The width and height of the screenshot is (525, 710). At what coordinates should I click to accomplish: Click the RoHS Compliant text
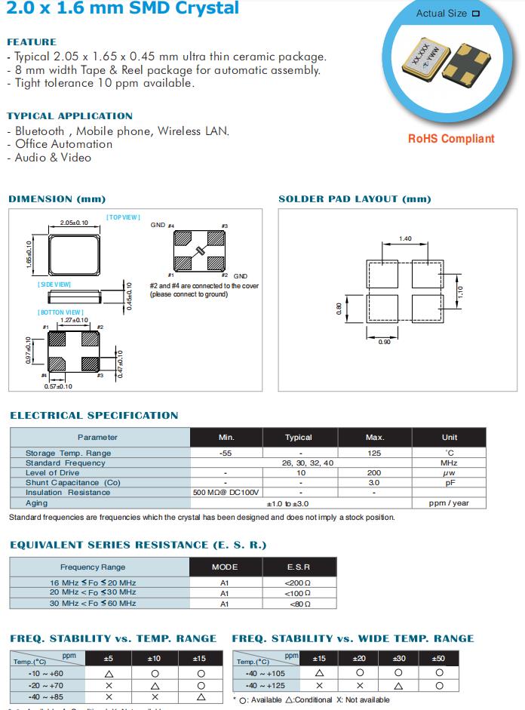[451, 139]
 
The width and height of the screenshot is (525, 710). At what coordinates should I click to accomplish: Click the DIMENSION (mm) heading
[57, 199]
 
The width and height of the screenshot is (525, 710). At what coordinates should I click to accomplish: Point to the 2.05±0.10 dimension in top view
[74, 223]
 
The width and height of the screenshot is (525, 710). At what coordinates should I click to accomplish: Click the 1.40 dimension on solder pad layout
[406, 238]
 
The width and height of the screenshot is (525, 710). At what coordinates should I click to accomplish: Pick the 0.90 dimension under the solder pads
[384, 342]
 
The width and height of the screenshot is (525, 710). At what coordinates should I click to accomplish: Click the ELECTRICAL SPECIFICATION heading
[94, 415]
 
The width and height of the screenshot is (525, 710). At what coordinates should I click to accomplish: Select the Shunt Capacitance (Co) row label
[72, 483]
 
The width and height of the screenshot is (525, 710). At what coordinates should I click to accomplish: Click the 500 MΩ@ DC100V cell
[226, 493]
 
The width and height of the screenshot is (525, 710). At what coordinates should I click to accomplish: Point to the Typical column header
[299, 438]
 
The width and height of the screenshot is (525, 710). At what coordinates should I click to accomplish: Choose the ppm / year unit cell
[449, 503]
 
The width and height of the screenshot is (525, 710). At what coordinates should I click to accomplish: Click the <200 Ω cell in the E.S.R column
[299, 583]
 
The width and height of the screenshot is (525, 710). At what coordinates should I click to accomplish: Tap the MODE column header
[225, 567]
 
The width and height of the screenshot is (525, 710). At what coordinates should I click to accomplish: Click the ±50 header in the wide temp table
[438, 659]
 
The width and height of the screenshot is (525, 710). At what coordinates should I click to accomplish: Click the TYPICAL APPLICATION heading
[69, 116]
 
